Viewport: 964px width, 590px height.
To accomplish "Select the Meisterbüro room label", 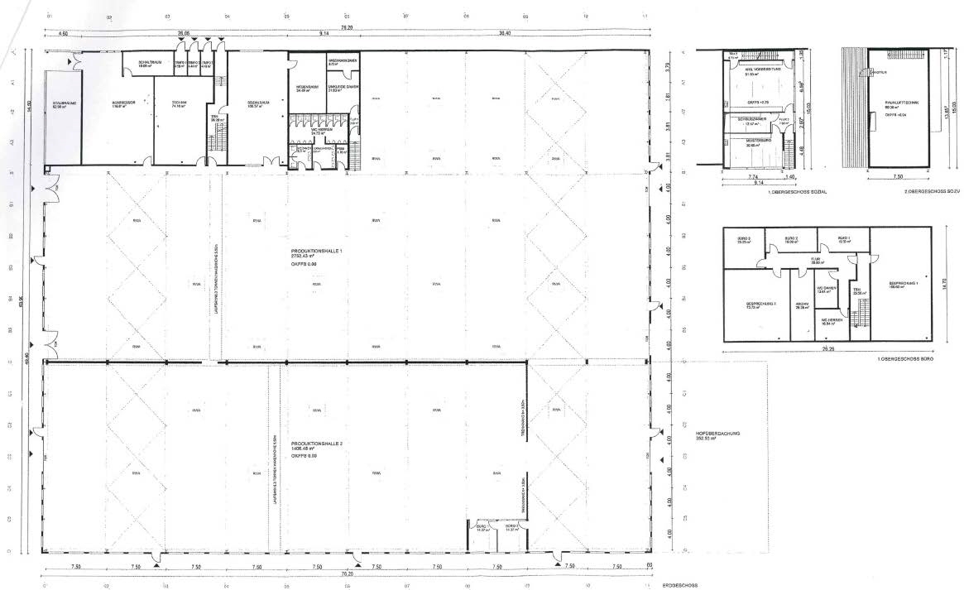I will (747, 144).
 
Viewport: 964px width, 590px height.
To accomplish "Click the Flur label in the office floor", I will (815, 260).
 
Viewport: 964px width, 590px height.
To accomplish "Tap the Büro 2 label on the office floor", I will (790, 239).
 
